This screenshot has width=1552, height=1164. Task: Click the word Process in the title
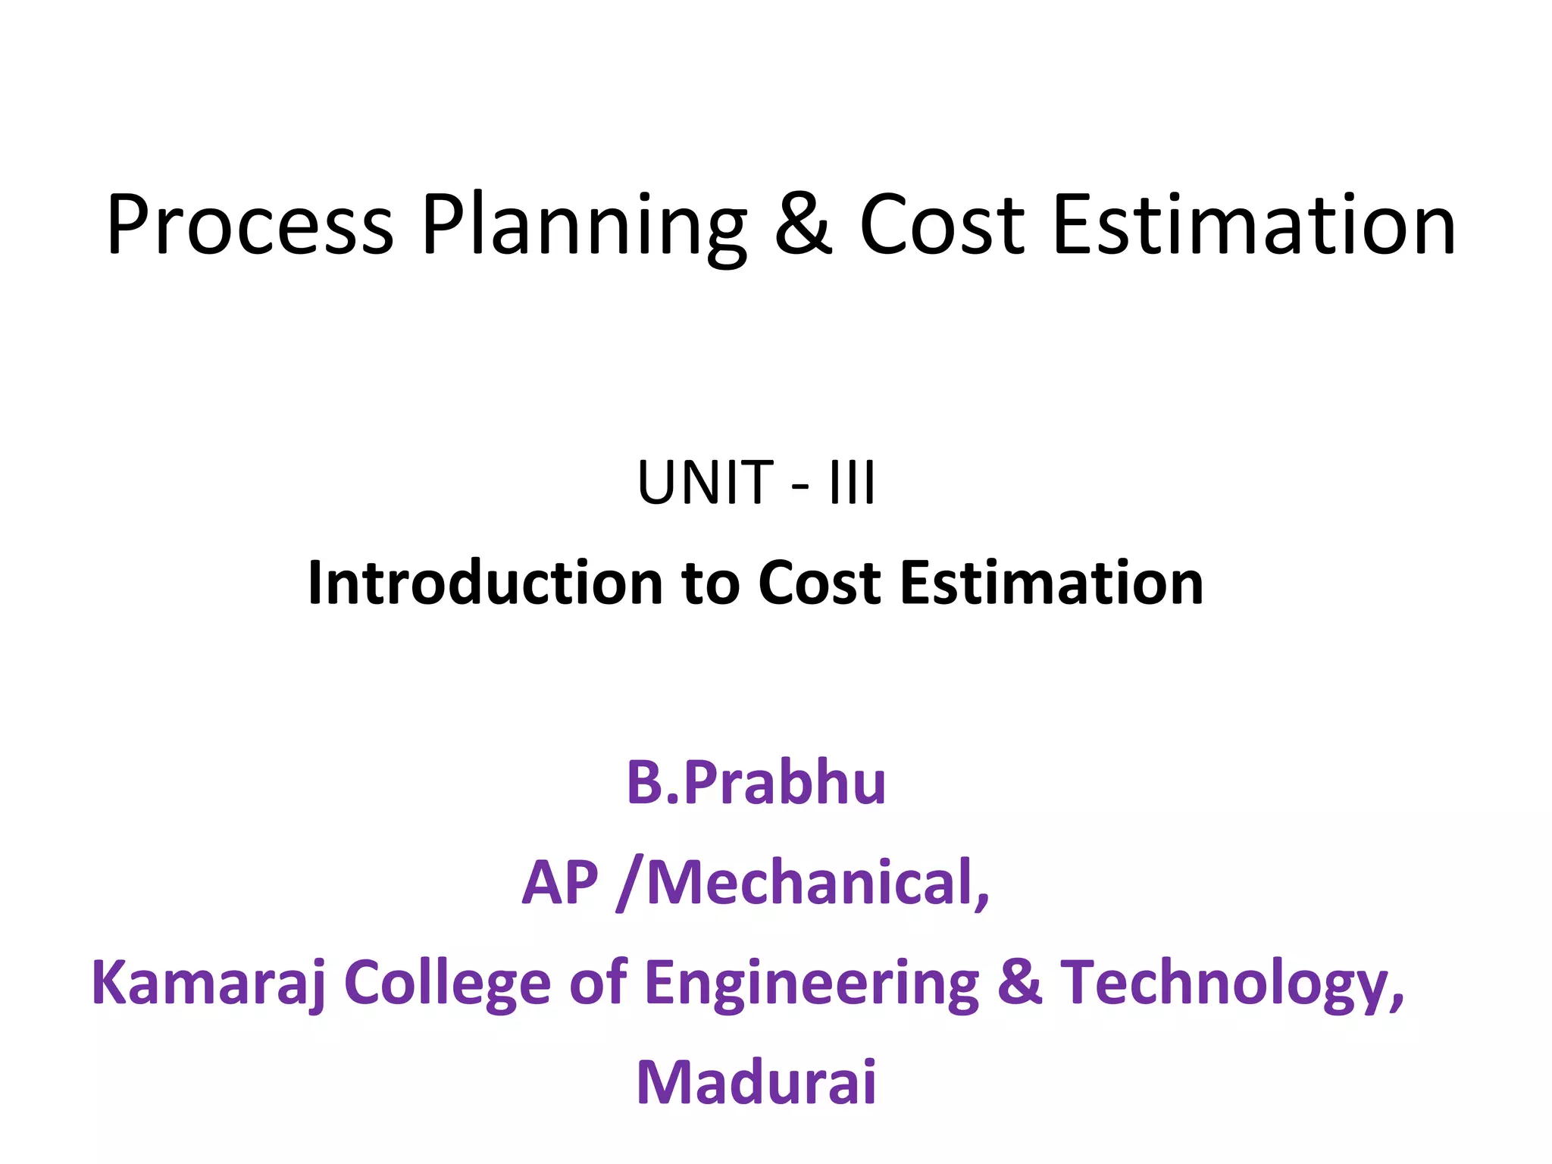[250, 225]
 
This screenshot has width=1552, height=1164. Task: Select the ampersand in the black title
[803, 225]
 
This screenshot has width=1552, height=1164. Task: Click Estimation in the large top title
[1254, 225]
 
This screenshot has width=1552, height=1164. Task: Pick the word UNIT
[705, 483]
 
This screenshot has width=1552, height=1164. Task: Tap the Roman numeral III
[853, 483]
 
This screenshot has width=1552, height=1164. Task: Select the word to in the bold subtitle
[710, 584]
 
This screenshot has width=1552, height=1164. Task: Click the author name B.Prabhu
[756, 782]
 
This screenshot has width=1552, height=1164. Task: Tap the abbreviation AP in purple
[560, 882]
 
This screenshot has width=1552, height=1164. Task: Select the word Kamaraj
[208, 984]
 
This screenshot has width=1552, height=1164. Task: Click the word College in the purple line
[447, 984]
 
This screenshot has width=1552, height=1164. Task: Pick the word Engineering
[812, 984]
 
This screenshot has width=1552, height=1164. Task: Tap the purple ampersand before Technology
[1019, 982]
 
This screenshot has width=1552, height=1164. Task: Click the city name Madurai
[756, 1082]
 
